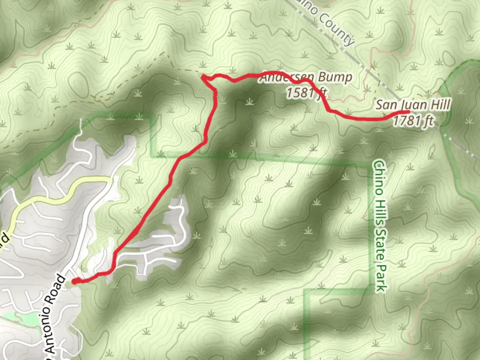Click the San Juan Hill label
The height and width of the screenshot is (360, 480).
413,105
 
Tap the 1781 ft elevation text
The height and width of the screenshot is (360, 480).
413,120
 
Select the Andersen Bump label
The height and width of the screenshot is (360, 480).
306,77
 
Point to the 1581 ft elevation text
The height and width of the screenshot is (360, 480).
306,93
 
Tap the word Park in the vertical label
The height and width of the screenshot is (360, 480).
381,277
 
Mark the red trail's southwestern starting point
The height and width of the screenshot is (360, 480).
74,281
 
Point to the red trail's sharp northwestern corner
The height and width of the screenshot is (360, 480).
203,77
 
